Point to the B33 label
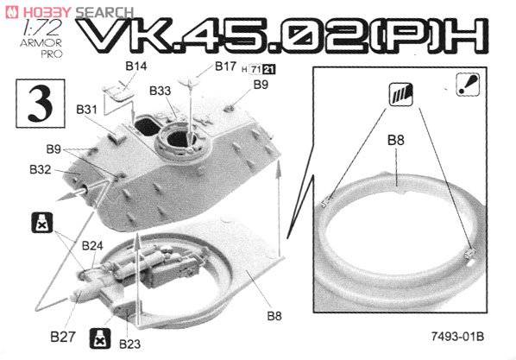point(160,91)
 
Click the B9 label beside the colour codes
point(261,85)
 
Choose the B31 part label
point(86,110)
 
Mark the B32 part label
point(40,170)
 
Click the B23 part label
point(129,344)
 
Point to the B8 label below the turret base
point(274,316)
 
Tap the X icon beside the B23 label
point(101,338)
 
